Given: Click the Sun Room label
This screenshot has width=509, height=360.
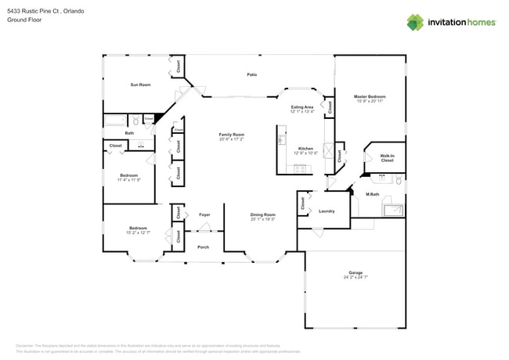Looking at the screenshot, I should click(x=140, y=85).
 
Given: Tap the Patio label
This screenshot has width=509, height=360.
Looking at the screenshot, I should click(x=252, y=74).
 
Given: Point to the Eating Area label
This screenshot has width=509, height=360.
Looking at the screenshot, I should click(x=302, y=106).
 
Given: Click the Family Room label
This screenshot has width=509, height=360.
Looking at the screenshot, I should click(x=231, y=135).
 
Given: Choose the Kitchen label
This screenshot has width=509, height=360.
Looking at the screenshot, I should click(x=305, y=148).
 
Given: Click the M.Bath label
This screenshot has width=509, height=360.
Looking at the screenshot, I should click(x=373, y=193).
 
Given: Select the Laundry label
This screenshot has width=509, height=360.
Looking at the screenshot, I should click(x=327, y=211).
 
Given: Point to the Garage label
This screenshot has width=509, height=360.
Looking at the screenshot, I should click(x=356, y=272).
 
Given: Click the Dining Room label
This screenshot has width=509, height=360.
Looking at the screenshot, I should click(x=263, y=214).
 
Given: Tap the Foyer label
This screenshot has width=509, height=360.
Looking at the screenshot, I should click(x=204, y=214).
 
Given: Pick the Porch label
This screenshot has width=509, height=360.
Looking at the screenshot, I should click(x=203, y=247).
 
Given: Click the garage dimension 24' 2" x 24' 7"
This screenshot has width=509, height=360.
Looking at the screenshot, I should click(x=356, y=278).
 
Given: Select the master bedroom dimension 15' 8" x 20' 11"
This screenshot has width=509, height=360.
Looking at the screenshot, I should click(x=371, y=102).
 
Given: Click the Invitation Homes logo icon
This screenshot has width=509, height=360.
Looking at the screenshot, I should click(x=416, y=22).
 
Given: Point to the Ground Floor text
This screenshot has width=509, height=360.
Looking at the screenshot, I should click(x=25, y=21).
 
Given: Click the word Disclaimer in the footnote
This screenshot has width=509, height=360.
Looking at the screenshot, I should click(x=27, y=345).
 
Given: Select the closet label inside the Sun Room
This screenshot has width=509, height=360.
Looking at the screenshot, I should click(x=179, y=67).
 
